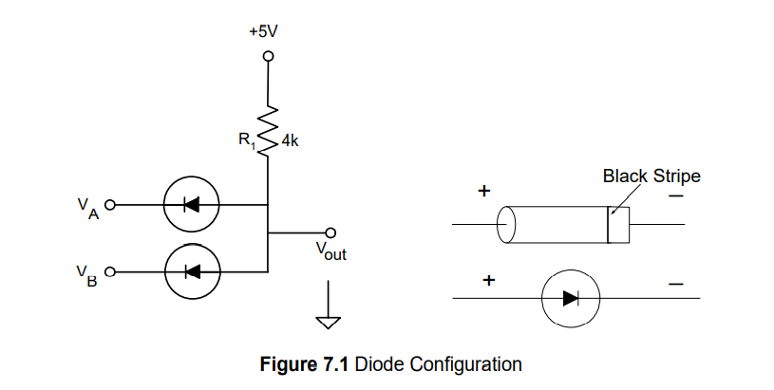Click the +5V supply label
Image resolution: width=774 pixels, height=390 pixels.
click(x=263, y=31)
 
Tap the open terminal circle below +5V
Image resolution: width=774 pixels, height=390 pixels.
click(x=269, y=57)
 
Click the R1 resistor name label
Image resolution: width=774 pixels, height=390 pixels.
click(x=247, y=141)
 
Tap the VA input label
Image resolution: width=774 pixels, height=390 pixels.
click(x=86, y=207)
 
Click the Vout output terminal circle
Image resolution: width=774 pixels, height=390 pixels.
click(x=330, y=232)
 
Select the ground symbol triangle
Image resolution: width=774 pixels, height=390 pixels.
click(x=329, y=322)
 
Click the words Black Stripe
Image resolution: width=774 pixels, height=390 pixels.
click(x=651, y=176)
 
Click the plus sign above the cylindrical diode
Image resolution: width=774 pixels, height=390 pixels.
click(x=483, y=192)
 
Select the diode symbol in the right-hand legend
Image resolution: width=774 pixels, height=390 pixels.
click(x=570, y=298)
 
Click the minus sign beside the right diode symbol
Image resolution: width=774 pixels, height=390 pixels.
click(x=675, y=283)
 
